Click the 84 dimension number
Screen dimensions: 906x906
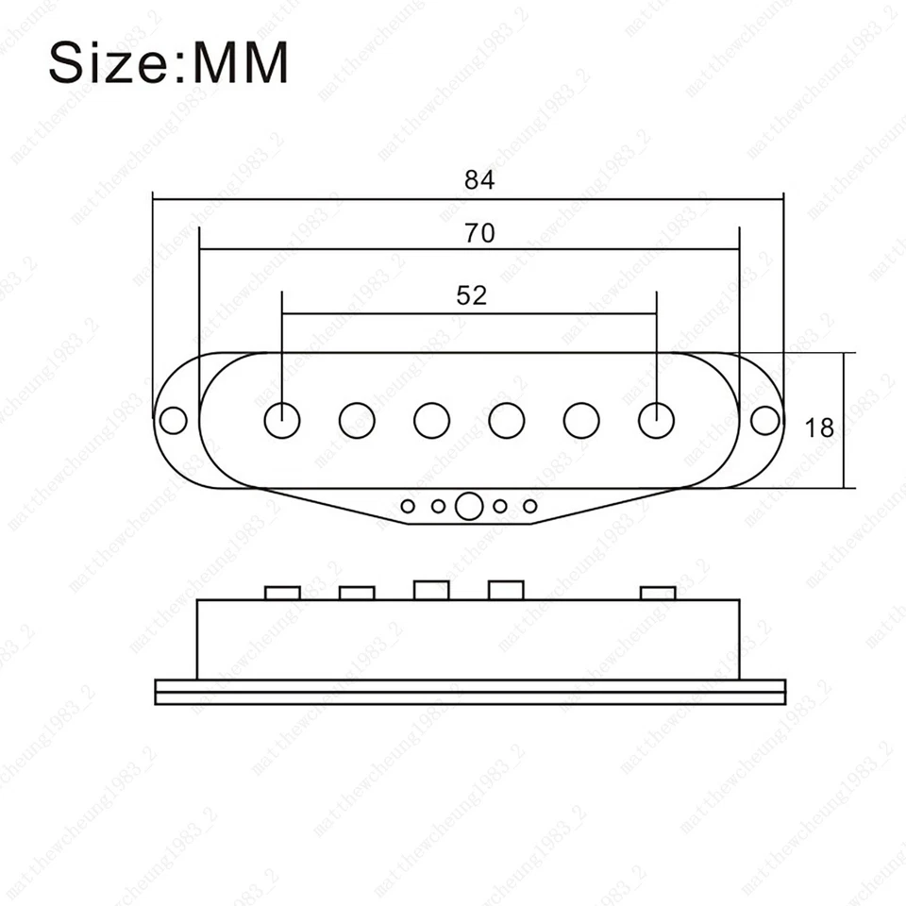click(x=479, y=180)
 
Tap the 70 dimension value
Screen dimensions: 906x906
click(x=479, y=233)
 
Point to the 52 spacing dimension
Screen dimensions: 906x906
click(x=471, y=295)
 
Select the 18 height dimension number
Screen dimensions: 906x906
click(x=820, y=428)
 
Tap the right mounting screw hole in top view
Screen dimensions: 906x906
click(x=765, y=419)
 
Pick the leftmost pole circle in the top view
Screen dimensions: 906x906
click(x=281, y=420)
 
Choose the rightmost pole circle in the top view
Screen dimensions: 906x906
click(x=656, y=420)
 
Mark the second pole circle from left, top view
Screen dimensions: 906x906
click(x=357, y=420)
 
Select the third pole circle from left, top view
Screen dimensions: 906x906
click(x=431, y=420)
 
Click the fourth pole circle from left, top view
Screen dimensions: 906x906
click(x=507, y=420)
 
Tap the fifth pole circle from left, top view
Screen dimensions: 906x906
click(x=581, y=420)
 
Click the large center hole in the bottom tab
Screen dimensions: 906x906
click(x=468, y=507)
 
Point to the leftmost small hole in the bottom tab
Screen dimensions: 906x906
click(x=408, y=507)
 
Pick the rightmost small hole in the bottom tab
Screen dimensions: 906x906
click(x=530, y=507)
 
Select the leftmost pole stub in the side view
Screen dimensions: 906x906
click(x=282, y=593)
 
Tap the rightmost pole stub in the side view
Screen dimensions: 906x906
click(x=658, y=593)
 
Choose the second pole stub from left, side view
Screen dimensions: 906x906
click(x=357, y=593)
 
